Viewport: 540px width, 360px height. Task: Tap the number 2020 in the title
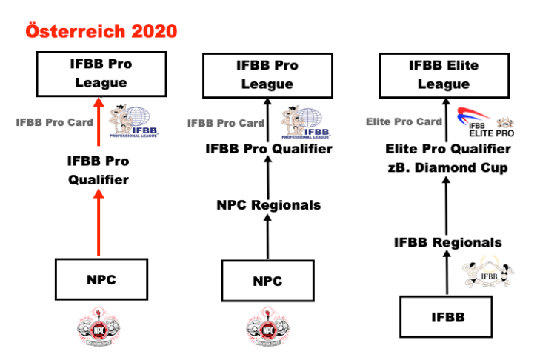pos(156,33)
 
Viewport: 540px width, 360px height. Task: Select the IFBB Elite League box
pos(443,75)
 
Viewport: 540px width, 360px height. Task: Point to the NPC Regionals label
pos(268,204)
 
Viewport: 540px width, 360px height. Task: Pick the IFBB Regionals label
pos(447,242)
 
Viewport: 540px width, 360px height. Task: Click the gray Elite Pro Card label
pos(404,121)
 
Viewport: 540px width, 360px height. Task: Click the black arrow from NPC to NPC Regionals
pos(267,239)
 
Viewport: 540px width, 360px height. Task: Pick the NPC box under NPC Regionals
pos(267,281)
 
